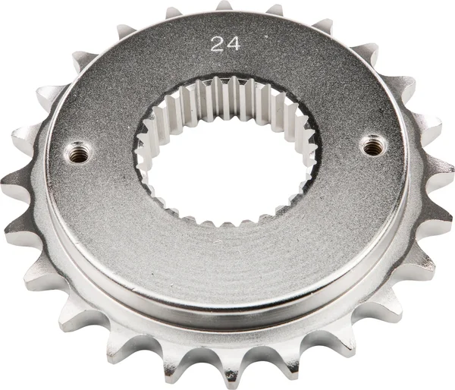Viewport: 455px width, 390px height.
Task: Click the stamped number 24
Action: click(x=226, y=44)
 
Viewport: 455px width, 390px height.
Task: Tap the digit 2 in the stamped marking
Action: click(x=218, y=44)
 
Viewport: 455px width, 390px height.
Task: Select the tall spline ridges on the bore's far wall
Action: click(x=227, y=99)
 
